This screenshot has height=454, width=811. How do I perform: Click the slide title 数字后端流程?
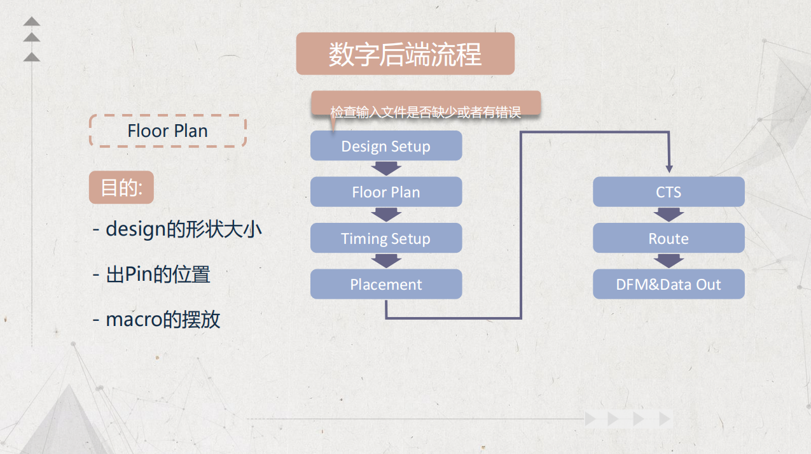point(405,54)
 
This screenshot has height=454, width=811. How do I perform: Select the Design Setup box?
point(386,146)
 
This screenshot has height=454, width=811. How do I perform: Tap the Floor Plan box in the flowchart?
point(386,192)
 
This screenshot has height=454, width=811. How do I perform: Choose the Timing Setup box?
point(386,238)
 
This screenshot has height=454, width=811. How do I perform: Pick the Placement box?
point(386,284)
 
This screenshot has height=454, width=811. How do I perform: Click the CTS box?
point(669,192)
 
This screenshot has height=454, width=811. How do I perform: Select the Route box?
point(669,238)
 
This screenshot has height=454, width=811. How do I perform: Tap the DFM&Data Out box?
point(669,284)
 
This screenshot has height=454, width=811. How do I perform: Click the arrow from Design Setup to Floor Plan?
point(386,168)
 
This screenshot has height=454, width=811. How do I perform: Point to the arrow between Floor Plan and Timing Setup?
point(386,215)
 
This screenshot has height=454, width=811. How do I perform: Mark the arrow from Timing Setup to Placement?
point(386,260)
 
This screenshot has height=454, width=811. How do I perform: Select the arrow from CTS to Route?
point(669,215)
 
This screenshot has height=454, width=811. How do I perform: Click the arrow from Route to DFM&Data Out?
point(669,260)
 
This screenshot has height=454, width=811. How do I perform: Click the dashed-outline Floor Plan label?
point(167,131)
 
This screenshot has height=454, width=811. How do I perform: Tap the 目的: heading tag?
point(121,188)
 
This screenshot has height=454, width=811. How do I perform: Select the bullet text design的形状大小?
point(177,229)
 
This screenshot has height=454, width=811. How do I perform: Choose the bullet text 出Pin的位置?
point(151,274)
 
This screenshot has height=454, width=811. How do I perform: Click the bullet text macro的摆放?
point(156,318)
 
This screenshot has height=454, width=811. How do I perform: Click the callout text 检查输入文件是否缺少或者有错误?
point(426,113)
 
